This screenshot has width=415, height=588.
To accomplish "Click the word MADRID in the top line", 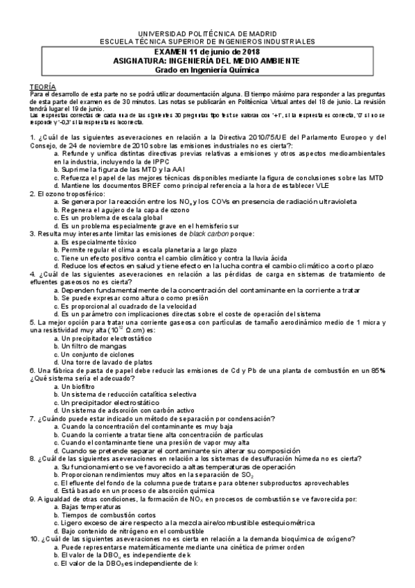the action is coord(260,33).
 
